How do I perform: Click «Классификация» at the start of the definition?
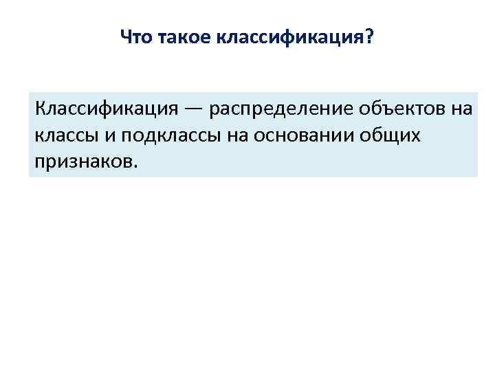[107, 109]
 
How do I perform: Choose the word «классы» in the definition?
[67, 135]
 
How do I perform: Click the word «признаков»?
[82, 162]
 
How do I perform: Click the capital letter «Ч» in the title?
[124, 36]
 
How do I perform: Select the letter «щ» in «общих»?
[394, 136]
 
